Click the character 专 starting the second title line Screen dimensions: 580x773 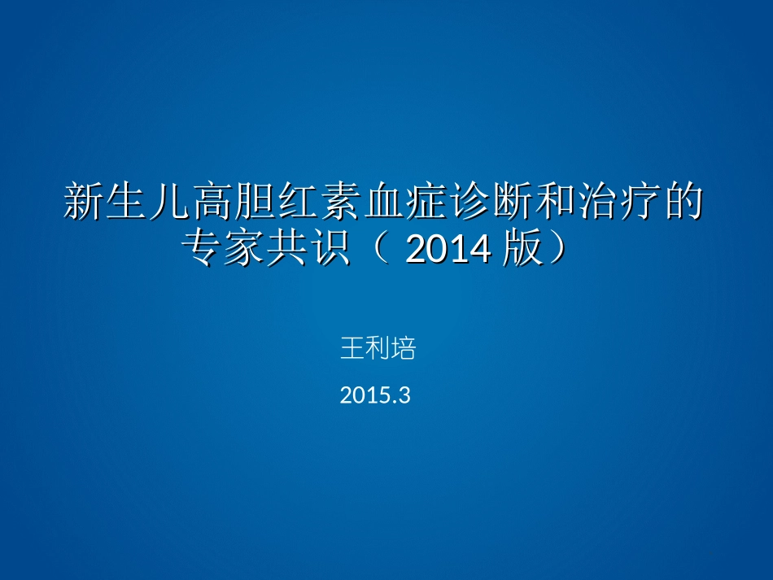(x=202, y=250)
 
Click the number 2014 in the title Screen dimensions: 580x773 (x=448, y=250)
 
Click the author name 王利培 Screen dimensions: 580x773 (x=378, y=350)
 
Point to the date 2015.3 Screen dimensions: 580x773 (x=375, y=396)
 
